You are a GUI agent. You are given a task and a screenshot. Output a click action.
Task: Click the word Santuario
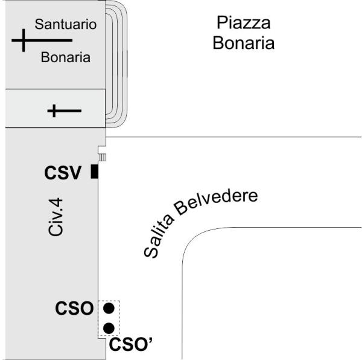pos(66,24)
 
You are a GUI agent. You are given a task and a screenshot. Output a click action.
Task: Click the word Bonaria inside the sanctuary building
pos(66,57)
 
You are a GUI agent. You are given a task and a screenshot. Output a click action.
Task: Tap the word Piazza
pos(244,22)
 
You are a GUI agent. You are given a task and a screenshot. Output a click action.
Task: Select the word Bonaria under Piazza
pos(244,43)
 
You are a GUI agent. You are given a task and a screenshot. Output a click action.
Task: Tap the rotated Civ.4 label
pos(56,217)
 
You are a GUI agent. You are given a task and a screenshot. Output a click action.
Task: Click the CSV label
pos(63,173)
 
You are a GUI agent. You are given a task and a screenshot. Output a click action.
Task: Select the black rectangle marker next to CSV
pos(95,172)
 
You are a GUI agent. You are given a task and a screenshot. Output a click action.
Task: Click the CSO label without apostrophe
pos(74,308)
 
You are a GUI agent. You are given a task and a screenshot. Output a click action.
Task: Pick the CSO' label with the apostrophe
pos(131,344)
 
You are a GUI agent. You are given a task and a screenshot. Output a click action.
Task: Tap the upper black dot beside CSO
pos(109,308)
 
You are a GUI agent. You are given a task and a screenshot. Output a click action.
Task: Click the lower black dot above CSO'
pos(109,329)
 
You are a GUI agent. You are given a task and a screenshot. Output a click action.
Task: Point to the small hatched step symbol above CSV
pos(103,158)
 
